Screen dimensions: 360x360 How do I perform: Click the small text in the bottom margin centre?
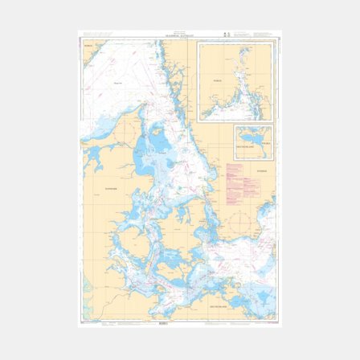pyautogui.click(x=176, y=323)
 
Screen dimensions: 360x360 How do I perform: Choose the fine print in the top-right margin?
pyautogui.click(x=260, y=35)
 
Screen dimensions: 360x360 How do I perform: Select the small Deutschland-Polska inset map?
pyautogui.click(x=253, y=141)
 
